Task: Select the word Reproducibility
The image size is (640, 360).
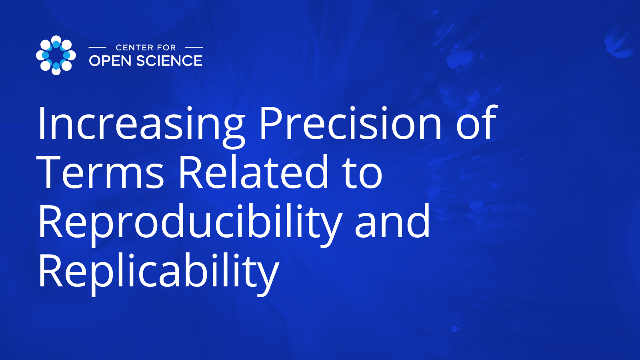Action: pyautogui.click(x=190, y=222)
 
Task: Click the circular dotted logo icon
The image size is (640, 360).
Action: pyautogui.click(x=56, y=55)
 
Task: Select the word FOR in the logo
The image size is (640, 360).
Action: pyautogui.click(x=166, y=48)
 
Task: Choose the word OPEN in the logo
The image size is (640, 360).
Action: pyautogui.click(x=110, y=61)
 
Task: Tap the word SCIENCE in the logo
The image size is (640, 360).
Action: pyautogui.click(x=169, y=61)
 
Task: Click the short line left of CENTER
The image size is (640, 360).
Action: pyautogui.click(x=97, y=48)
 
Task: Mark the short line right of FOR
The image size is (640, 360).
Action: pyautogui.click(x=194, y=48)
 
